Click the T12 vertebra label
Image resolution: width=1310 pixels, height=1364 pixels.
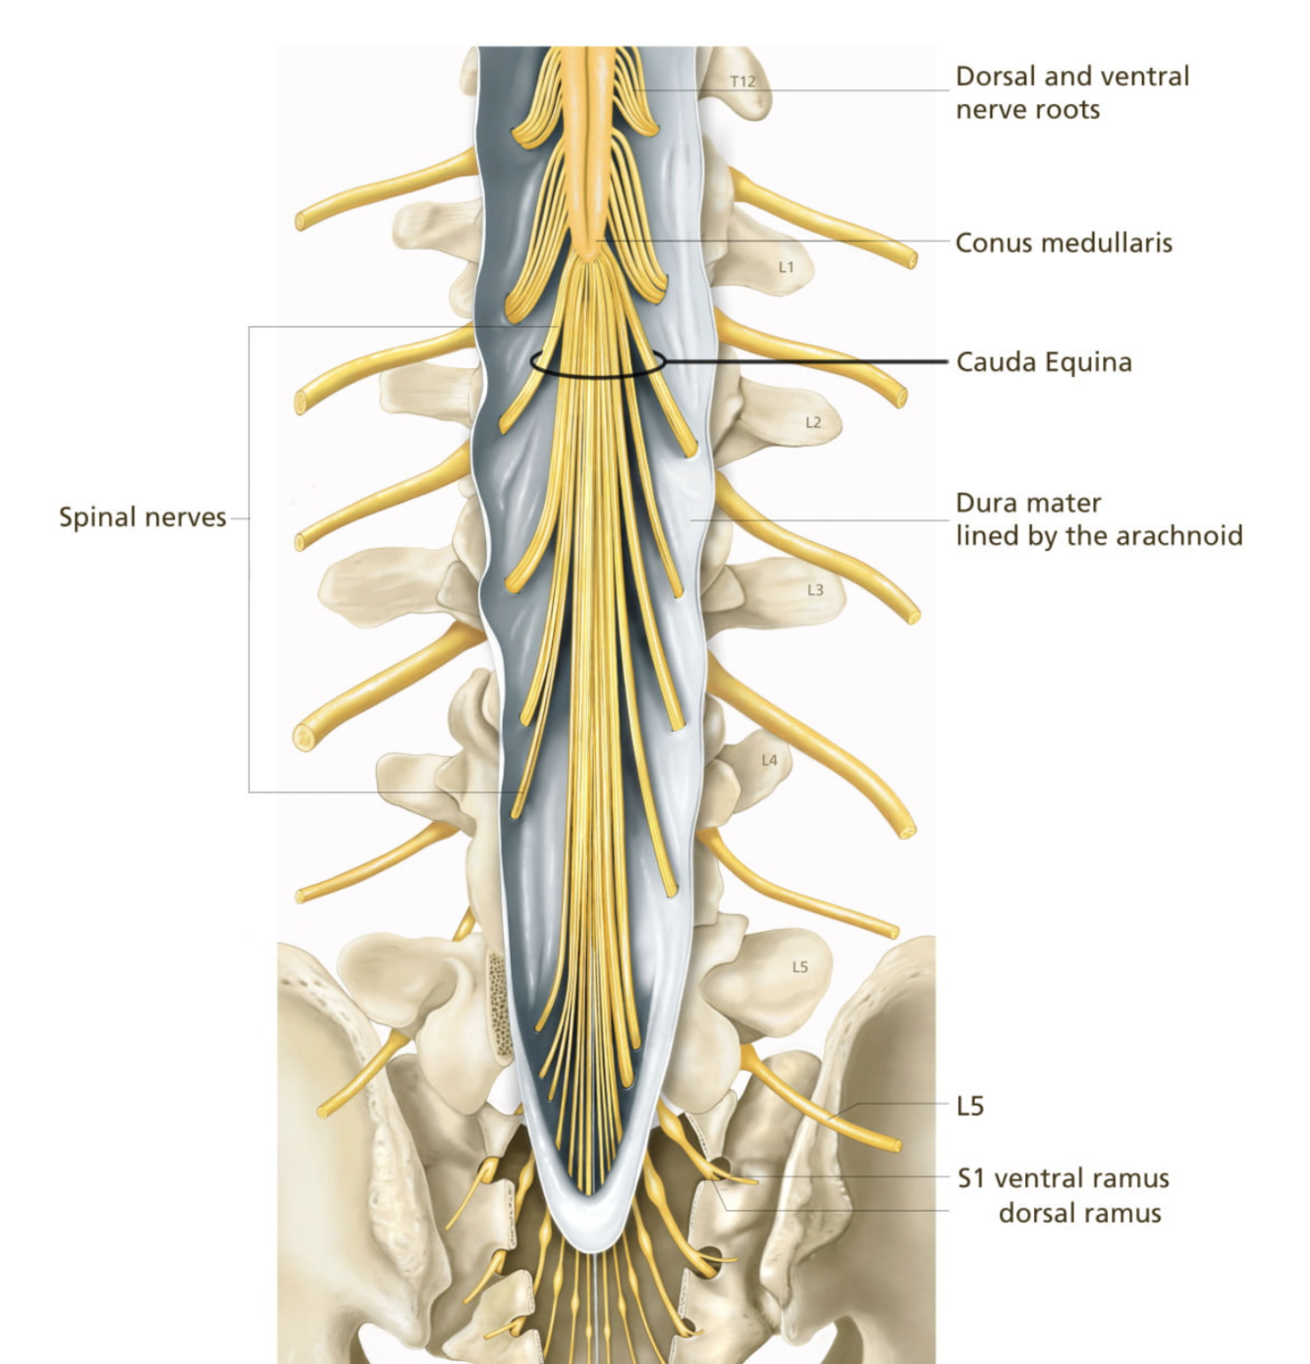pos(743,82)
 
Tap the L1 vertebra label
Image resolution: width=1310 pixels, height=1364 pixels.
pos(786,267)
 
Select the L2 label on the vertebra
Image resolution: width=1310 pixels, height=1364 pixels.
pos(813,422)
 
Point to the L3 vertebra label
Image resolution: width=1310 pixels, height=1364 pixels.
pos(815,590)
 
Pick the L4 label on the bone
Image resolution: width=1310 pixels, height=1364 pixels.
pos(769,760)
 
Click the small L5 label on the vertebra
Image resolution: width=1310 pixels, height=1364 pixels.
pos(800,967)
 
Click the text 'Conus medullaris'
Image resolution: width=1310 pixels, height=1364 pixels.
pos(1064,243)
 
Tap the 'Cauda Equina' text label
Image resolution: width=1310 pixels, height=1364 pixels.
pos(1044,362)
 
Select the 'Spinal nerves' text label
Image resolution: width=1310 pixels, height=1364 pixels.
pos(142,518)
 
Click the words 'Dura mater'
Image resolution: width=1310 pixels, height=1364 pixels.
pos(1028,503)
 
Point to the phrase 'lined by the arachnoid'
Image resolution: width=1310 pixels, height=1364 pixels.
pos(1099,535)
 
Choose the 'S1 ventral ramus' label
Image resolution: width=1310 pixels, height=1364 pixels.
pos(1064,1177)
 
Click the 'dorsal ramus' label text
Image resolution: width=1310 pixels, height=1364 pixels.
pos(1079,1213)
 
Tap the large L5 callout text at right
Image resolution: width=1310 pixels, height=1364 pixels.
pos(970,1107)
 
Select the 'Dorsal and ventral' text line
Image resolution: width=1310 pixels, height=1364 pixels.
pos(1072,76)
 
